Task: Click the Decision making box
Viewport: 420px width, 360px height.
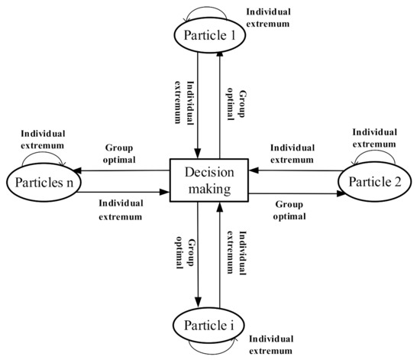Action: [x=209, y=181]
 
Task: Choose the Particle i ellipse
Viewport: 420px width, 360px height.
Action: [x=208, y=327]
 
